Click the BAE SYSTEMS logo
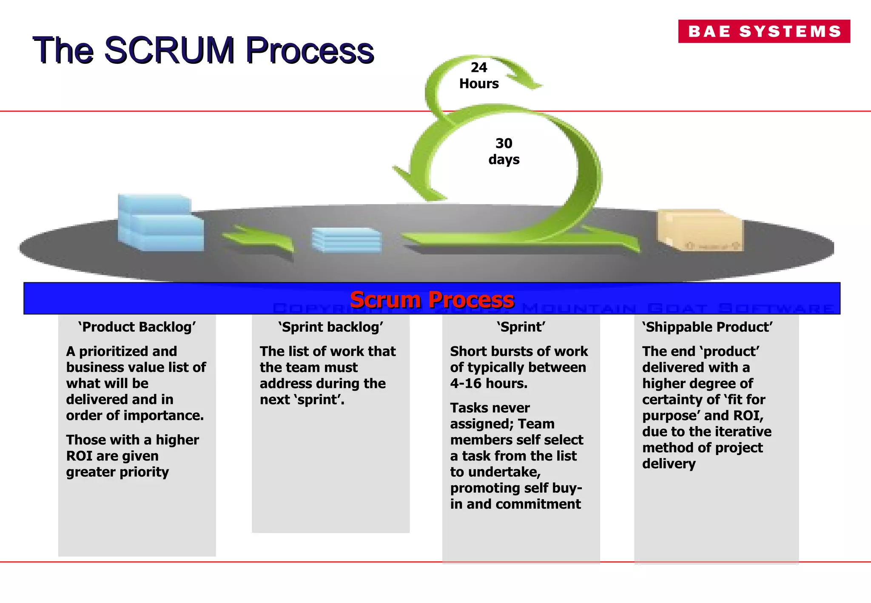pos(764,31)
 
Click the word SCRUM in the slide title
pos(169,50)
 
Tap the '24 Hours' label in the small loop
pos(479,75)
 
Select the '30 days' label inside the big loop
pos(504,151)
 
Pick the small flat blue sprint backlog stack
pos(346,240)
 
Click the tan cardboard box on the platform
pos(700,230)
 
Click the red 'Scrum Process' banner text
pos(432,299)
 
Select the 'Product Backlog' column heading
pos(137,327)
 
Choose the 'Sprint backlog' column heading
pos(331,327)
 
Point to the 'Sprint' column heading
pos(521,327)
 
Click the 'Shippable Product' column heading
pos(707,327)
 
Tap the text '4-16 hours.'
pos(489,383)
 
